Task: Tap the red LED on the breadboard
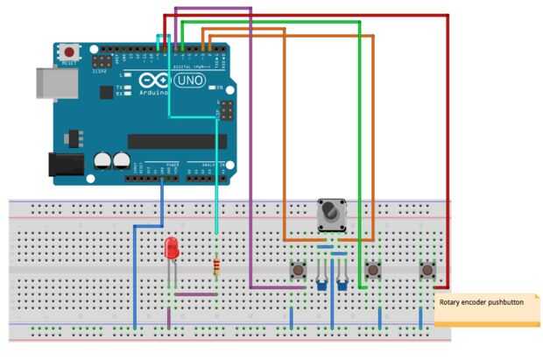[173, 248]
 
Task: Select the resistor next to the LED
[217, 266]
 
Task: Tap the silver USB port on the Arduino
[52, 81]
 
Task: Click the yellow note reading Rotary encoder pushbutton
[486, 308]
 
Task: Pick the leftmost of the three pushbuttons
[296, 270]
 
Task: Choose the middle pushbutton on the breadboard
[373, 270]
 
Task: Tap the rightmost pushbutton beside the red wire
[428, 270]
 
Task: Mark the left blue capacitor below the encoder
[321, 282]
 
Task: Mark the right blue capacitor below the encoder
[342, 282]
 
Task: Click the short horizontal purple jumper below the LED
[194, 295]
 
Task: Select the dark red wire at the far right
[448, 149]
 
